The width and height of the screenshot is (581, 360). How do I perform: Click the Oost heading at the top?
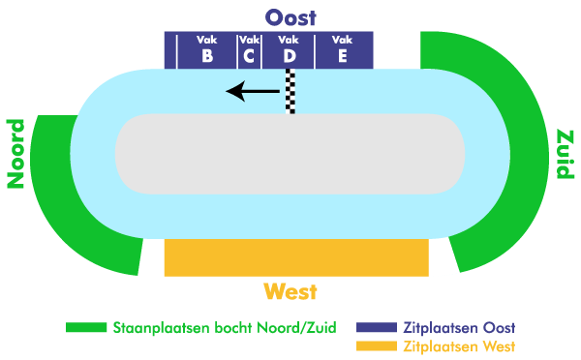pyautogui.click(x=290, y=16)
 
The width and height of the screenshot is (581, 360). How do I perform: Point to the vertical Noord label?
pyautogui.click(x=15, y=153)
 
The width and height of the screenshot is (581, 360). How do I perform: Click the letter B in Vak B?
pyautogui.click(x=207, y=56)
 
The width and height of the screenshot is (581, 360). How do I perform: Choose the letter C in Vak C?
pyautogui.click(x=249, y=56)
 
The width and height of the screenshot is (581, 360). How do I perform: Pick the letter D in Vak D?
pyautogui.click(x=290, y=56)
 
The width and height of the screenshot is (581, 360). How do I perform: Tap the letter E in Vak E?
pyautogui.click(x=343, y=56)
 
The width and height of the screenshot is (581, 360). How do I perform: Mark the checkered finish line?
pyautogui.click(x=290, y=91)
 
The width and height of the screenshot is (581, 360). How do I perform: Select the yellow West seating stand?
pyautogui.click(x=296, y=257)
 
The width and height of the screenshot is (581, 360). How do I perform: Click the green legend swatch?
pyautogui.click(x=85, y=328)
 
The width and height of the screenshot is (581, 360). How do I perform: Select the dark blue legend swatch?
pyautogui.click(x=377, y=328)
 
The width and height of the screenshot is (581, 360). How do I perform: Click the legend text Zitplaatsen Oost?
pyautogui.click(x=460, y=327)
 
